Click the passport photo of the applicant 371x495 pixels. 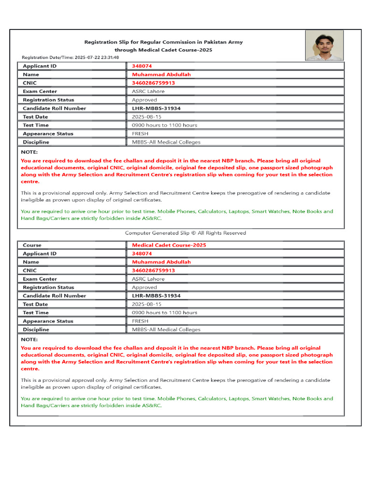click(324, 45)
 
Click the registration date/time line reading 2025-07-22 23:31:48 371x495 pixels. click(71, 57)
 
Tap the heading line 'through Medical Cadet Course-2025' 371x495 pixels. click(163, 50)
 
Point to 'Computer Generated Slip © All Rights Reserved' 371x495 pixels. click(185, 233)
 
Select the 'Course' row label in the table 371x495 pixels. click(32, 245)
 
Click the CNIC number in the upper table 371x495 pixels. click(153, 83)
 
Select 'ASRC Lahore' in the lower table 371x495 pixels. click(148, 279)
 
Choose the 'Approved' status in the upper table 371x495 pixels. click(144, 100)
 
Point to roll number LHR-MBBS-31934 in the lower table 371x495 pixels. click(156, 296)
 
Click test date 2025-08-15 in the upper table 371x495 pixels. click(146, 117)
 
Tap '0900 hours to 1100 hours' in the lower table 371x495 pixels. click(164, 313)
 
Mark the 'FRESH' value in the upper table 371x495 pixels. click(140, 134)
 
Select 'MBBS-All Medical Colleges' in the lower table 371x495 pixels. click(166, 330)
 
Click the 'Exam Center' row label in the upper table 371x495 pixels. click(40, 91)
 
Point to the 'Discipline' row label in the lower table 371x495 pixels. click(36, 330)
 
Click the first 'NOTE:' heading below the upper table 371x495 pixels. click(29, 152)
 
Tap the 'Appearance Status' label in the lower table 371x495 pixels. click(48, 321)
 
